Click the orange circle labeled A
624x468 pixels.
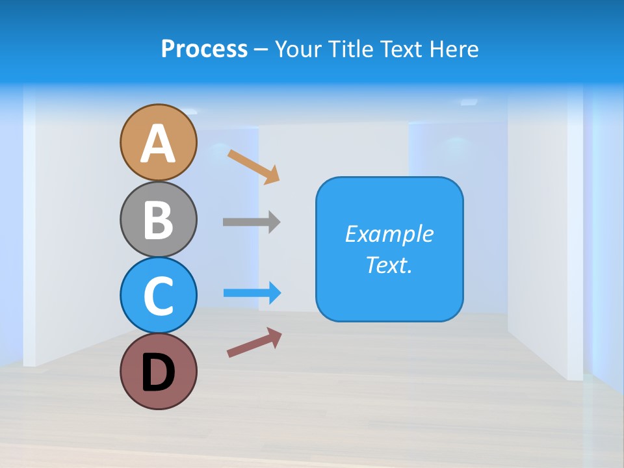point(159,142)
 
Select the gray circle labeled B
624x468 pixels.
point(159,219)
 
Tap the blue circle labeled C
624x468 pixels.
point(159,295)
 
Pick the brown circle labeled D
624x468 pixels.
point(159,371)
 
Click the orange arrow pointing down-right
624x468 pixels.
point(253,166)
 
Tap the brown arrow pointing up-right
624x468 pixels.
point(254,342)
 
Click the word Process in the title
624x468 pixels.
point(204,49)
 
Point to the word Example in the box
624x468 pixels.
point(389,234)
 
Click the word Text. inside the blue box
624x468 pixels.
point(389,265)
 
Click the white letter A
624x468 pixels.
point(159,144)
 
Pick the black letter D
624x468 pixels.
point(159,372)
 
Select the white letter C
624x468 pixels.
point(159,296)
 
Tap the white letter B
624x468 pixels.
point(159,220)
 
